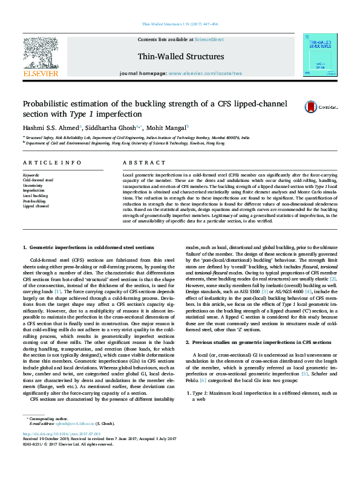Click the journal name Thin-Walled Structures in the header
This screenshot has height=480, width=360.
(x=181, y=57)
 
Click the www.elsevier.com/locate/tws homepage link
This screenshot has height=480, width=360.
(x=205, y=73)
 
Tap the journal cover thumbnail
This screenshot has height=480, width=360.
(x=319, y=54)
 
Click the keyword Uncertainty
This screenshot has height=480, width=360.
(x=33, y=185)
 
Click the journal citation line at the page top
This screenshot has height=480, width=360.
(x=180, y=24)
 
